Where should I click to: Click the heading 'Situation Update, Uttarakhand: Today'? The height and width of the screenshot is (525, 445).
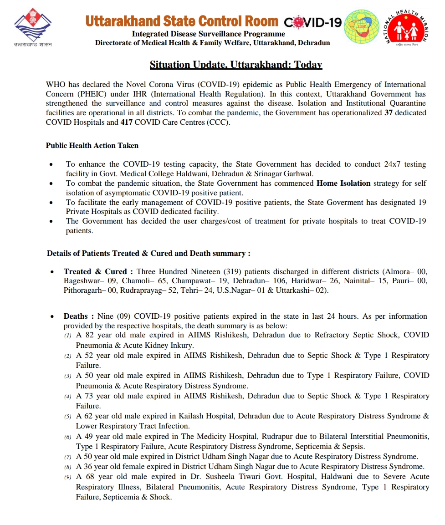click(236, 65)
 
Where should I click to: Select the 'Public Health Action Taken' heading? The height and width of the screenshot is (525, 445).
click(92, 146)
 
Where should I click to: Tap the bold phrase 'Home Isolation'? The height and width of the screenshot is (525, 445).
click(343, 183)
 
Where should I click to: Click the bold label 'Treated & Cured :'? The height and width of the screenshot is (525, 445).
click(98, 271)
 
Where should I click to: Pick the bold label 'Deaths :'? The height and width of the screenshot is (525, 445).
click(79, 316)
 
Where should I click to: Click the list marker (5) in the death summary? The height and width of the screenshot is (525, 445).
click(67, 417)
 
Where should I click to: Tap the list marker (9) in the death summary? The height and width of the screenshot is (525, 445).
click(67, 477)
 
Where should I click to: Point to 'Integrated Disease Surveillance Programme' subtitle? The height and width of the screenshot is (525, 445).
click(208, 34)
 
